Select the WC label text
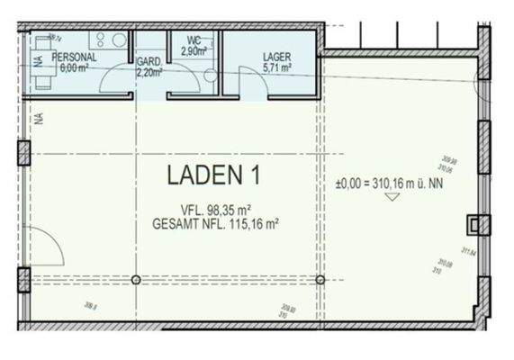point(194,41)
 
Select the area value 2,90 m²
point(195,52)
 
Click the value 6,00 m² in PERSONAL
point(77,66)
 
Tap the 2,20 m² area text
point(149,72)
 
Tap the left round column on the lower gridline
point(136,279)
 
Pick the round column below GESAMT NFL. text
point(320,279)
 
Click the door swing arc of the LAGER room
point(255,86)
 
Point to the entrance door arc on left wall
point(50,243)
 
